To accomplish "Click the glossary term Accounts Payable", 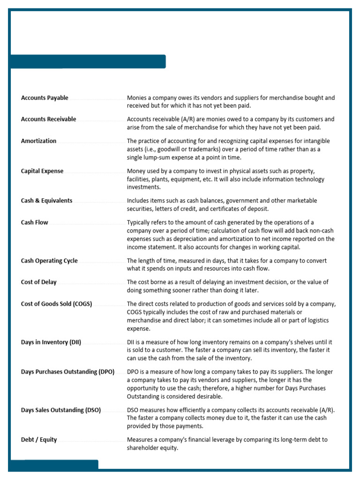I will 45,98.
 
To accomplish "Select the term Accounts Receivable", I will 48,119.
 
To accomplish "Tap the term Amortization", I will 38,141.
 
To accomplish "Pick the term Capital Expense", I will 42,171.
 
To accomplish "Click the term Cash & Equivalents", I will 46,201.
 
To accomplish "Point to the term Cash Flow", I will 34,222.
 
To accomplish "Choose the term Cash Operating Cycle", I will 49,261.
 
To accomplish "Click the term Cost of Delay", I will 38,282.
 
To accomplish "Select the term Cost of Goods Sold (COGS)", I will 56,304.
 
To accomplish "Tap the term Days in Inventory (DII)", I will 51,342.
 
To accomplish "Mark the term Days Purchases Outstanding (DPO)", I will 67,372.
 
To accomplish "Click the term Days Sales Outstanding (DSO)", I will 61,410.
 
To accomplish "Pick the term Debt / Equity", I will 39,440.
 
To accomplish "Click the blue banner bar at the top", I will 88,61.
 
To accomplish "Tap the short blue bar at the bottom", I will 53,465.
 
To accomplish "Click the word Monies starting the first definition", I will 136,98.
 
